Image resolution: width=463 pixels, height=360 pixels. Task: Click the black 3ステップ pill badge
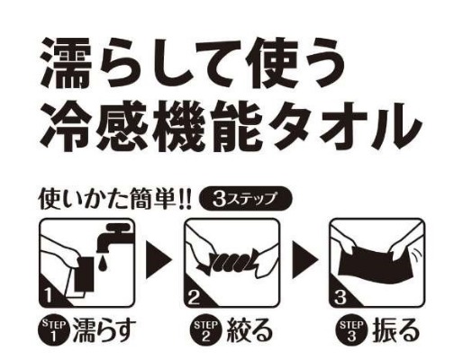pyautogui.click(x=245, y=199)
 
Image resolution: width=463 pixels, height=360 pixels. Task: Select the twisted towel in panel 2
pyautogui.click(x=231, y=258)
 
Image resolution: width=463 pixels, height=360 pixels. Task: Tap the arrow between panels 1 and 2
pyautogui.click(x=159, y=260)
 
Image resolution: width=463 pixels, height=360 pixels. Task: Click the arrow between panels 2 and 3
pyautogui.click(x=304, y=260)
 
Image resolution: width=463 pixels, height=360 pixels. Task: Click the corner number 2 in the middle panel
pyautogui.click(x=194, y=298)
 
